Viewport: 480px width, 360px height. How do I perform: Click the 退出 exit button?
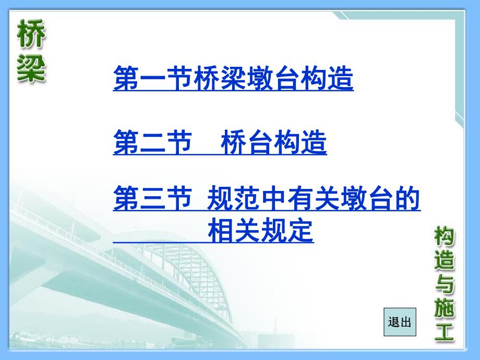pyautogui.click(x=400, y=322)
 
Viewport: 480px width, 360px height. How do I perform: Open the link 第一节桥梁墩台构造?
pyautogui.click(x=233, y=79)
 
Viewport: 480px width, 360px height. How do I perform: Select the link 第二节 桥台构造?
pyautogui.click(x=220, y=143)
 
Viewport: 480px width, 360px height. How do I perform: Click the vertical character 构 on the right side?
pyautogui.click(x=444, y=238)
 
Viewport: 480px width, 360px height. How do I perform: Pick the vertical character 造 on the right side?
pyautogui.click(x=444, y=262)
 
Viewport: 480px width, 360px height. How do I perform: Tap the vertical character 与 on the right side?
pyautogui.click(x=444, y=285)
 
